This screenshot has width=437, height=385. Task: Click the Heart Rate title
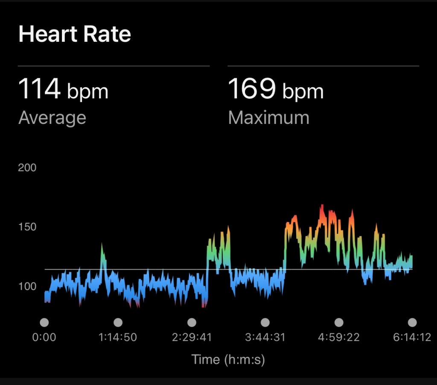click(75, 34)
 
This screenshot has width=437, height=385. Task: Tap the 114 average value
click(39, 89)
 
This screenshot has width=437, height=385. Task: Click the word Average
click(52, 118)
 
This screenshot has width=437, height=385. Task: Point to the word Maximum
click(268, 118)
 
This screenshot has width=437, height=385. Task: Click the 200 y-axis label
click(27, 168)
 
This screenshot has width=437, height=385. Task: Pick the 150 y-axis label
click(27, 227)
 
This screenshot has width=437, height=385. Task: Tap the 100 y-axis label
click(27, 287)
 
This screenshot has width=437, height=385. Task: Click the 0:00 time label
click(44, 337)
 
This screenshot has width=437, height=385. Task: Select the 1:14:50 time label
click(118, 337)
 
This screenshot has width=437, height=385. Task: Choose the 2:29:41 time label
click(192, 337)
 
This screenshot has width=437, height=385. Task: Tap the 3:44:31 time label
click(265, 337)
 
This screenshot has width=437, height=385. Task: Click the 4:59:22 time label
click(339, 337)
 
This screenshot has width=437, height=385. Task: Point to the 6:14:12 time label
click(412, 337)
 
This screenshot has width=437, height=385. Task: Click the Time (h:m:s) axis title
click(228, 359)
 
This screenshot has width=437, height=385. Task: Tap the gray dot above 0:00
click(44, 322)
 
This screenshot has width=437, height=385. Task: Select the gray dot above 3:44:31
click(265, 322)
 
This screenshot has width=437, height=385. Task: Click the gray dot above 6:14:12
click(412, 322)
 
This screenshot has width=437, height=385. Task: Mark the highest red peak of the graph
click(322, 206)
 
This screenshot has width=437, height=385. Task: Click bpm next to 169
click(303, 92)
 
